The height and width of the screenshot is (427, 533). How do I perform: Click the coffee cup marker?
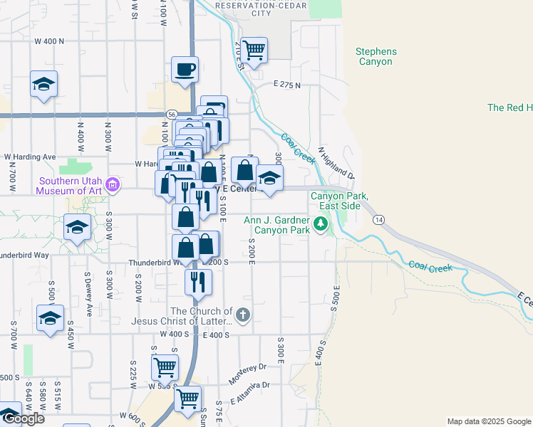coord(185,70)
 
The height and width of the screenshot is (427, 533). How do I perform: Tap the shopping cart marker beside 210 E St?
coord(254,50)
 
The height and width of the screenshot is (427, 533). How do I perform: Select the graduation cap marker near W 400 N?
coord(43,85)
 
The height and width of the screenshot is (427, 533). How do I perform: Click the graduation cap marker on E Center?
coord(269,179)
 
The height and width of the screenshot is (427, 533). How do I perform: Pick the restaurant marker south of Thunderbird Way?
coord(198,281)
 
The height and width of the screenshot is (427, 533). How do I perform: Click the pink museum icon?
coord(112,186)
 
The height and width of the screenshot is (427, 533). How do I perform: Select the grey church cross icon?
coord(243,314)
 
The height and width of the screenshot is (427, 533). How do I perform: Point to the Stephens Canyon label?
coord(376,57)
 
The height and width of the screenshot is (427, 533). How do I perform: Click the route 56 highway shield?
coord(172,114)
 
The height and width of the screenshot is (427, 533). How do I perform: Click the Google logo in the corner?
coord(24,418)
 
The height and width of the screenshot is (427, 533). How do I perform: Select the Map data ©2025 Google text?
coord(488,421)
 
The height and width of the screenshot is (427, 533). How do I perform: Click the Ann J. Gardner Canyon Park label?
coord(276,225)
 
